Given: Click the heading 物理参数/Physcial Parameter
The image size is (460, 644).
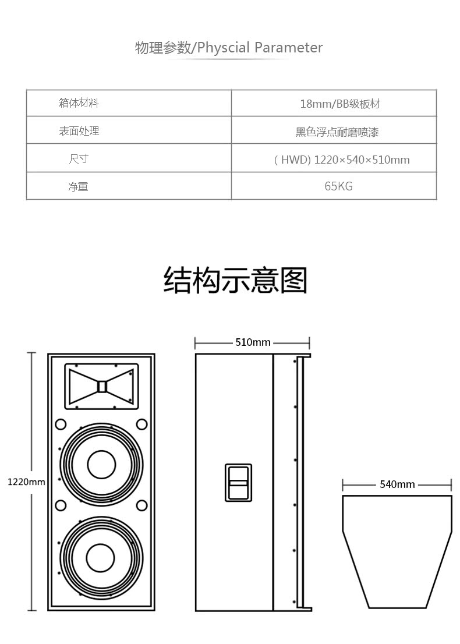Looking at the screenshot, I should click(229, 47).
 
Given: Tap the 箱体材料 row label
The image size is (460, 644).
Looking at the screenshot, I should click(79, 103).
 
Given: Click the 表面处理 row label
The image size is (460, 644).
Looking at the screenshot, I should click(79, 131).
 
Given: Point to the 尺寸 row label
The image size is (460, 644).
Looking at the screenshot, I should click(79, 159).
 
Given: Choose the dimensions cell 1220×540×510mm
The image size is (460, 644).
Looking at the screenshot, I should click(342, 160).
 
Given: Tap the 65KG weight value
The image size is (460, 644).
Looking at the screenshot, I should click(338, 186).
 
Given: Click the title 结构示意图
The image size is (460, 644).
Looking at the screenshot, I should click(235, 280).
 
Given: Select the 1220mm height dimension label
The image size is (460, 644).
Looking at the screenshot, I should click(26, 482).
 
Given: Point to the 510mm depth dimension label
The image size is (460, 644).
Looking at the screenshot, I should click(253, 342).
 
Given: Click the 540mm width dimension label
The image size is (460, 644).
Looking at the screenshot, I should click(397, 484).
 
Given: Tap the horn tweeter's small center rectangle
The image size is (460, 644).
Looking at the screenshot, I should click(102, 386).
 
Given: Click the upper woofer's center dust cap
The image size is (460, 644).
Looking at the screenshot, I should click(101, 464).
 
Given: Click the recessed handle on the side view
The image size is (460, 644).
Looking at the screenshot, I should click(238, 482).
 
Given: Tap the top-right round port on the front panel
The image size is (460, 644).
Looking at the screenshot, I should click(141, 424).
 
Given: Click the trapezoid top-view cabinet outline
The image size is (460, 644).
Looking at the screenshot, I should click(397, 550).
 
